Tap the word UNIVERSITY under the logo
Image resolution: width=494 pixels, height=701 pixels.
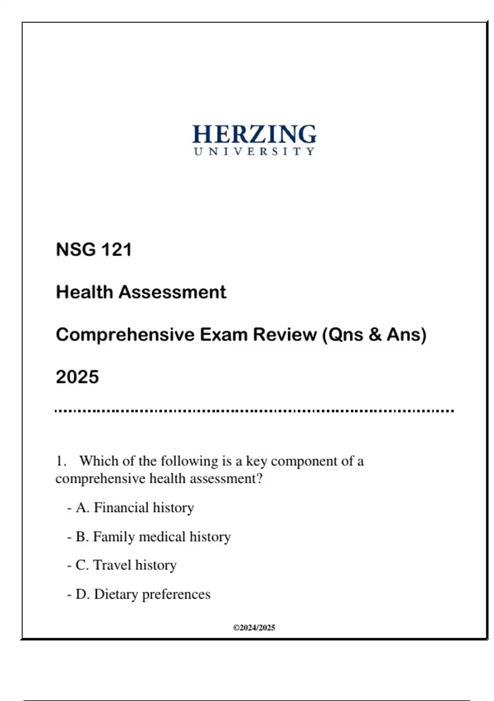[254, 152]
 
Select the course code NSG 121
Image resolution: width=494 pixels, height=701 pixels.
[94, 249]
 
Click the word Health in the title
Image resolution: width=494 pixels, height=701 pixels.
[84, 292]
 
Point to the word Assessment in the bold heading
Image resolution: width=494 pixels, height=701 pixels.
[172, 292]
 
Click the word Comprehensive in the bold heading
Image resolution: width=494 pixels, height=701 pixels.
[125, 334]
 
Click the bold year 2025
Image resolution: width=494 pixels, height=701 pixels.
[77, 377]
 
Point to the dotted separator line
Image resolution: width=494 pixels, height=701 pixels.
[254, 411]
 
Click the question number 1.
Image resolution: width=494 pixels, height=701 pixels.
[61, 461]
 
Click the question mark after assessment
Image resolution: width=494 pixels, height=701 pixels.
[259, 479]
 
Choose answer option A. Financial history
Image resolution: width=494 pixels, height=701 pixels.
[135, 508]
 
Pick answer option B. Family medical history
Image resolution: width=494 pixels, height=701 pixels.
[153, 537]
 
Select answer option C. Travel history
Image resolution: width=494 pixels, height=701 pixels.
[126, 565]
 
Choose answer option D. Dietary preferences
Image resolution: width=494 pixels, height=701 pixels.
[143, 594]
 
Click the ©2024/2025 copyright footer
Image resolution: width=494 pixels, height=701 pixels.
[254, 628]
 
